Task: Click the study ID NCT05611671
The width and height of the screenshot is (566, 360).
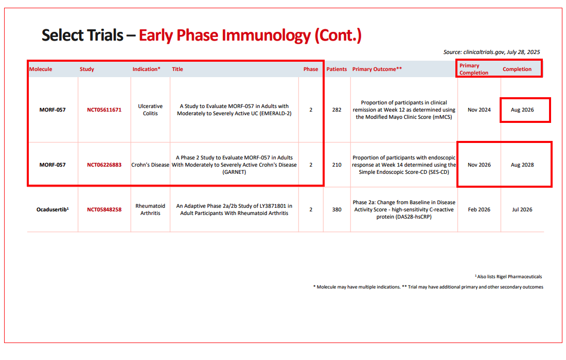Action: tap(104, 110)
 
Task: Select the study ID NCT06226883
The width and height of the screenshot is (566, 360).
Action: tap(104, 165)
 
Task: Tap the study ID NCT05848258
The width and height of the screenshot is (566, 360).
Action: tap(104, 210)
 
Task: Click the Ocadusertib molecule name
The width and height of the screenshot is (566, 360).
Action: tap(52, 209)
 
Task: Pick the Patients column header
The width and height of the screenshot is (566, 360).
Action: tap(337, 69)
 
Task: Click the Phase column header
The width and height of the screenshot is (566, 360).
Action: tap(310, 69)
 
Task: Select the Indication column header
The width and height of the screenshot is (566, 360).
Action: tap(146, 69)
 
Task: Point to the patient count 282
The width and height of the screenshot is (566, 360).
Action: tap(337, 110)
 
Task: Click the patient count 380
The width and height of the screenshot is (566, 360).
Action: tap(337, 210)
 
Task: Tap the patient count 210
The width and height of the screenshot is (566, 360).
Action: tap(337, 165)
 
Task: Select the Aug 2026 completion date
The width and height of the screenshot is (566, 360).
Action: tap(522, 110)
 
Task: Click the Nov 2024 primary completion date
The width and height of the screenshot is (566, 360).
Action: tap(479, 110)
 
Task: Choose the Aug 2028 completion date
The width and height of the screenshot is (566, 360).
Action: tap(522, 165)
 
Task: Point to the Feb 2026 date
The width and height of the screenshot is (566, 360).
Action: tap(479, 210)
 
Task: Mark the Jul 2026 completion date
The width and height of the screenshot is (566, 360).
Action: tap(522, 210)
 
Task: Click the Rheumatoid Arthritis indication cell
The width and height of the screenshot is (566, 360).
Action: tap(150, 210)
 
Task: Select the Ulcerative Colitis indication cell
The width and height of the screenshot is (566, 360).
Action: tap(150, 110)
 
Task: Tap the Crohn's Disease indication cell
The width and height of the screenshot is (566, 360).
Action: tap(150, 165)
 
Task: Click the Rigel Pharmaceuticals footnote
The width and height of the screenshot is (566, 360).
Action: tap(508, 277)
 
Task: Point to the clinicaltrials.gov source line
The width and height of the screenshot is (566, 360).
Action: tap(491, 52)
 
